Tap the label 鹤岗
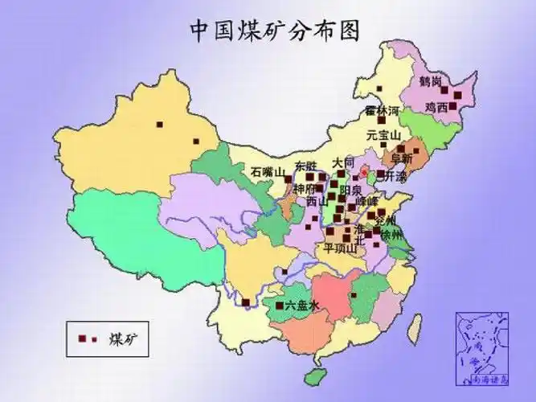coord(432,81)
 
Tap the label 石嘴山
coord(268,172)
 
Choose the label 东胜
coord(306,166)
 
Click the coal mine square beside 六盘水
coord(279,306)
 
